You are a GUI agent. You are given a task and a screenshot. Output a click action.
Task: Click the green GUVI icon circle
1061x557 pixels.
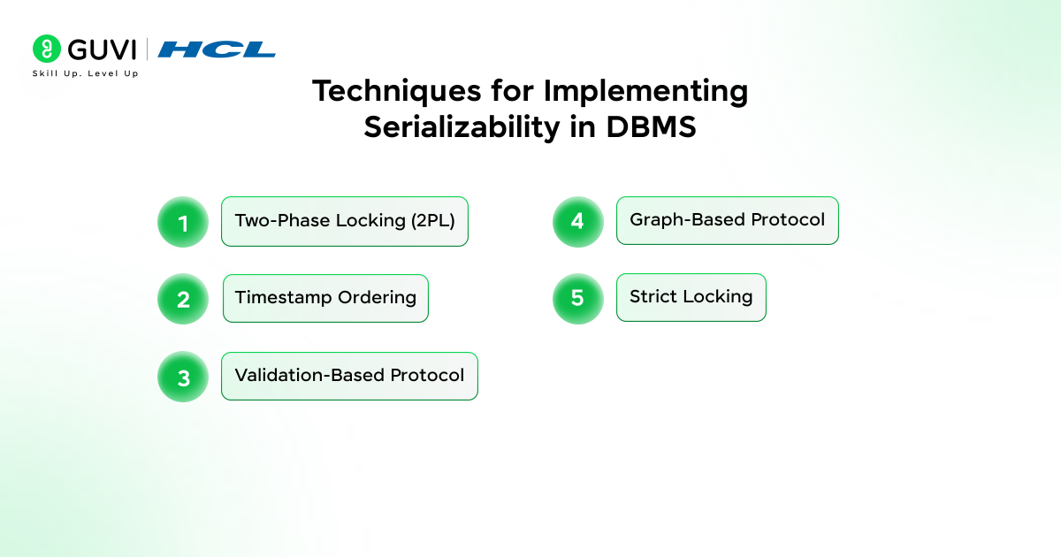[x=46, y=49]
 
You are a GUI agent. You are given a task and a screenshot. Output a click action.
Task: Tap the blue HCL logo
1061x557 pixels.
[x=217, y=50]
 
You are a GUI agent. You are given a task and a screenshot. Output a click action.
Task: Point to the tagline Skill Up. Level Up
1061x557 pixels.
[x=85, y=73]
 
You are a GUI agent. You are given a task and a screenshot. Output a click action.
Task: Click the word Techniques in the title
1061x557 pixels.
[x=396, y=91]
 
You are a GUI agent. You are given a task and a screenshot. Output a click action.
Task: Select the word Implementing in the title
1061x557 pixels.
[x=645, y=91]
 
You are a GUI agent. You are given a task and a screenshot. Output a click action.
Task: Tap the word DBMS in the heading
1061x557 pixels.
[x=652, y=127]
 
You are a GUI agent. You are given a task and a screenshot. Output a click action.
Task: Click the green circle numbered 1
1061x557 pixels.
[x=183, y=222]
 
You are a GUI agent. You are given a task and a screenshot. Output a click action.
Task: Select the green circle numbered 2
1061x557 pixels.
[x=183, y=299]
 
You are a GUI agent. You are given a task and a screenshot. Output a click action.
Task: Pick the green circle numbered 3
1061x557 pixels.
[x=183, y=377]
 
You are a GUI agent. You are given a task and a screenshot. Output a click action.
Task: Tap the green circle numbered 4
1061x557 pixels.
[x=578, y=222]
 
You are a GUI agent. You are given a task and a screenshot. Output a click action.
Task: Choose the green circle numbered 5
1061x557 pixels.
[x=578, y=299]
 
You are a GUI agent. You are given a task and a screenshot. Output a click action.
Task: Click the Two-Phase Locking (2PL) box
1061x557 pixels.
[x=345, y=221]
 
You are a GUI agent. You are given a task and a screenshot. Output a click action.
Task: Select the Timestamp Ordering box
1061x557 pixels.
[x=326, y=299]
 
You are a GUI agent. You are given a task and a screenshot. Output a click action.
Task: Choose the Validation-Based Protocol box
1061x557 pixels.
[x=349, y=376]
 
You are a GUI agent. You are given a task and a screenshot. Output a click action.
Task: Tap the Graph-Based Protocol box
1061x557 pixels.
[x=728, y=221]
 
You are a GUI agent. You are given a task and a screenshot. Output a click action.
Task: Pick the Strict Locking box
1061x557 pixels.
[x=691, y=297]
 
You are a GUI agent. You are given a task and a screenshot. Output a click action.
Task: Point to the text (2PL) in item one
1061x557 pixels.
[x=433, y=221]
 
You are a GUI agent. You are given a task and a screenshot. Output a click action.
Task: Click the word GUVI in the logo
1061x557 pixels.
[x=102, y=50]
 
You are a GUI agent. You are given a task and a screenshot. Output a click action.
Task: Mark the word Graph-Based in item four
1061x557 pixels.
[x=688, y=220]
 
